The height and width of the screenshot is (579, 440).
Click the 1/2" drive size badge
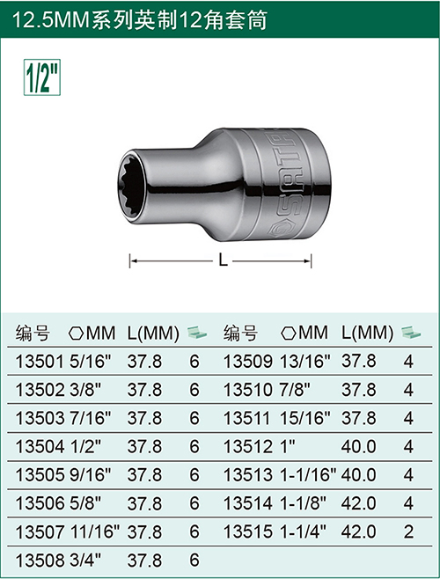(42, 77)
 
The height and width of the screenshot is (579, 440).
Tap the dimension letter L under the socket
(224, 260)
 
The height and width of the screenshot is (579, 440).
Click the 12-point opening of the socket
(134, 186)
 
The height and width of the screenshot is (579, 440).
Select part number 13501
(40, 362)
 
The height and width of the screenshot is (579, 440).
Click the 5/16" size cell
(91, 362)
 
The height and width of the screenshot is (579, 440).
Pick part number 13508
(40, 561)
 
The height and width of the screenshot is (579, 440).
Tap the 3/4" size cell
(85, 561)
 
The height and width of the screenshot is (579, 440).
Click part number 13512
(248, 447)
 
